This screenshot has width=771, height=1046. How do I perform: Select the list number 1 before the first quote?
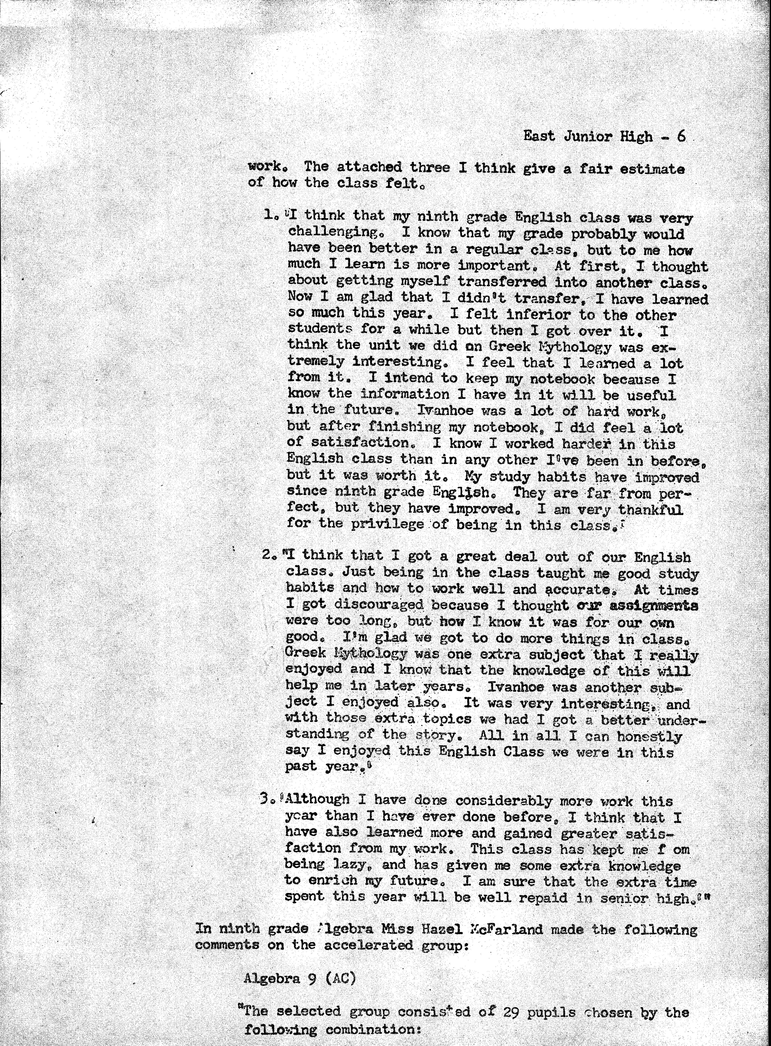point(268,215)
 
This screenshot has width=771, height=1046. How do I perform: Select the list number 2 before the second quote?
point(267,555)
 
